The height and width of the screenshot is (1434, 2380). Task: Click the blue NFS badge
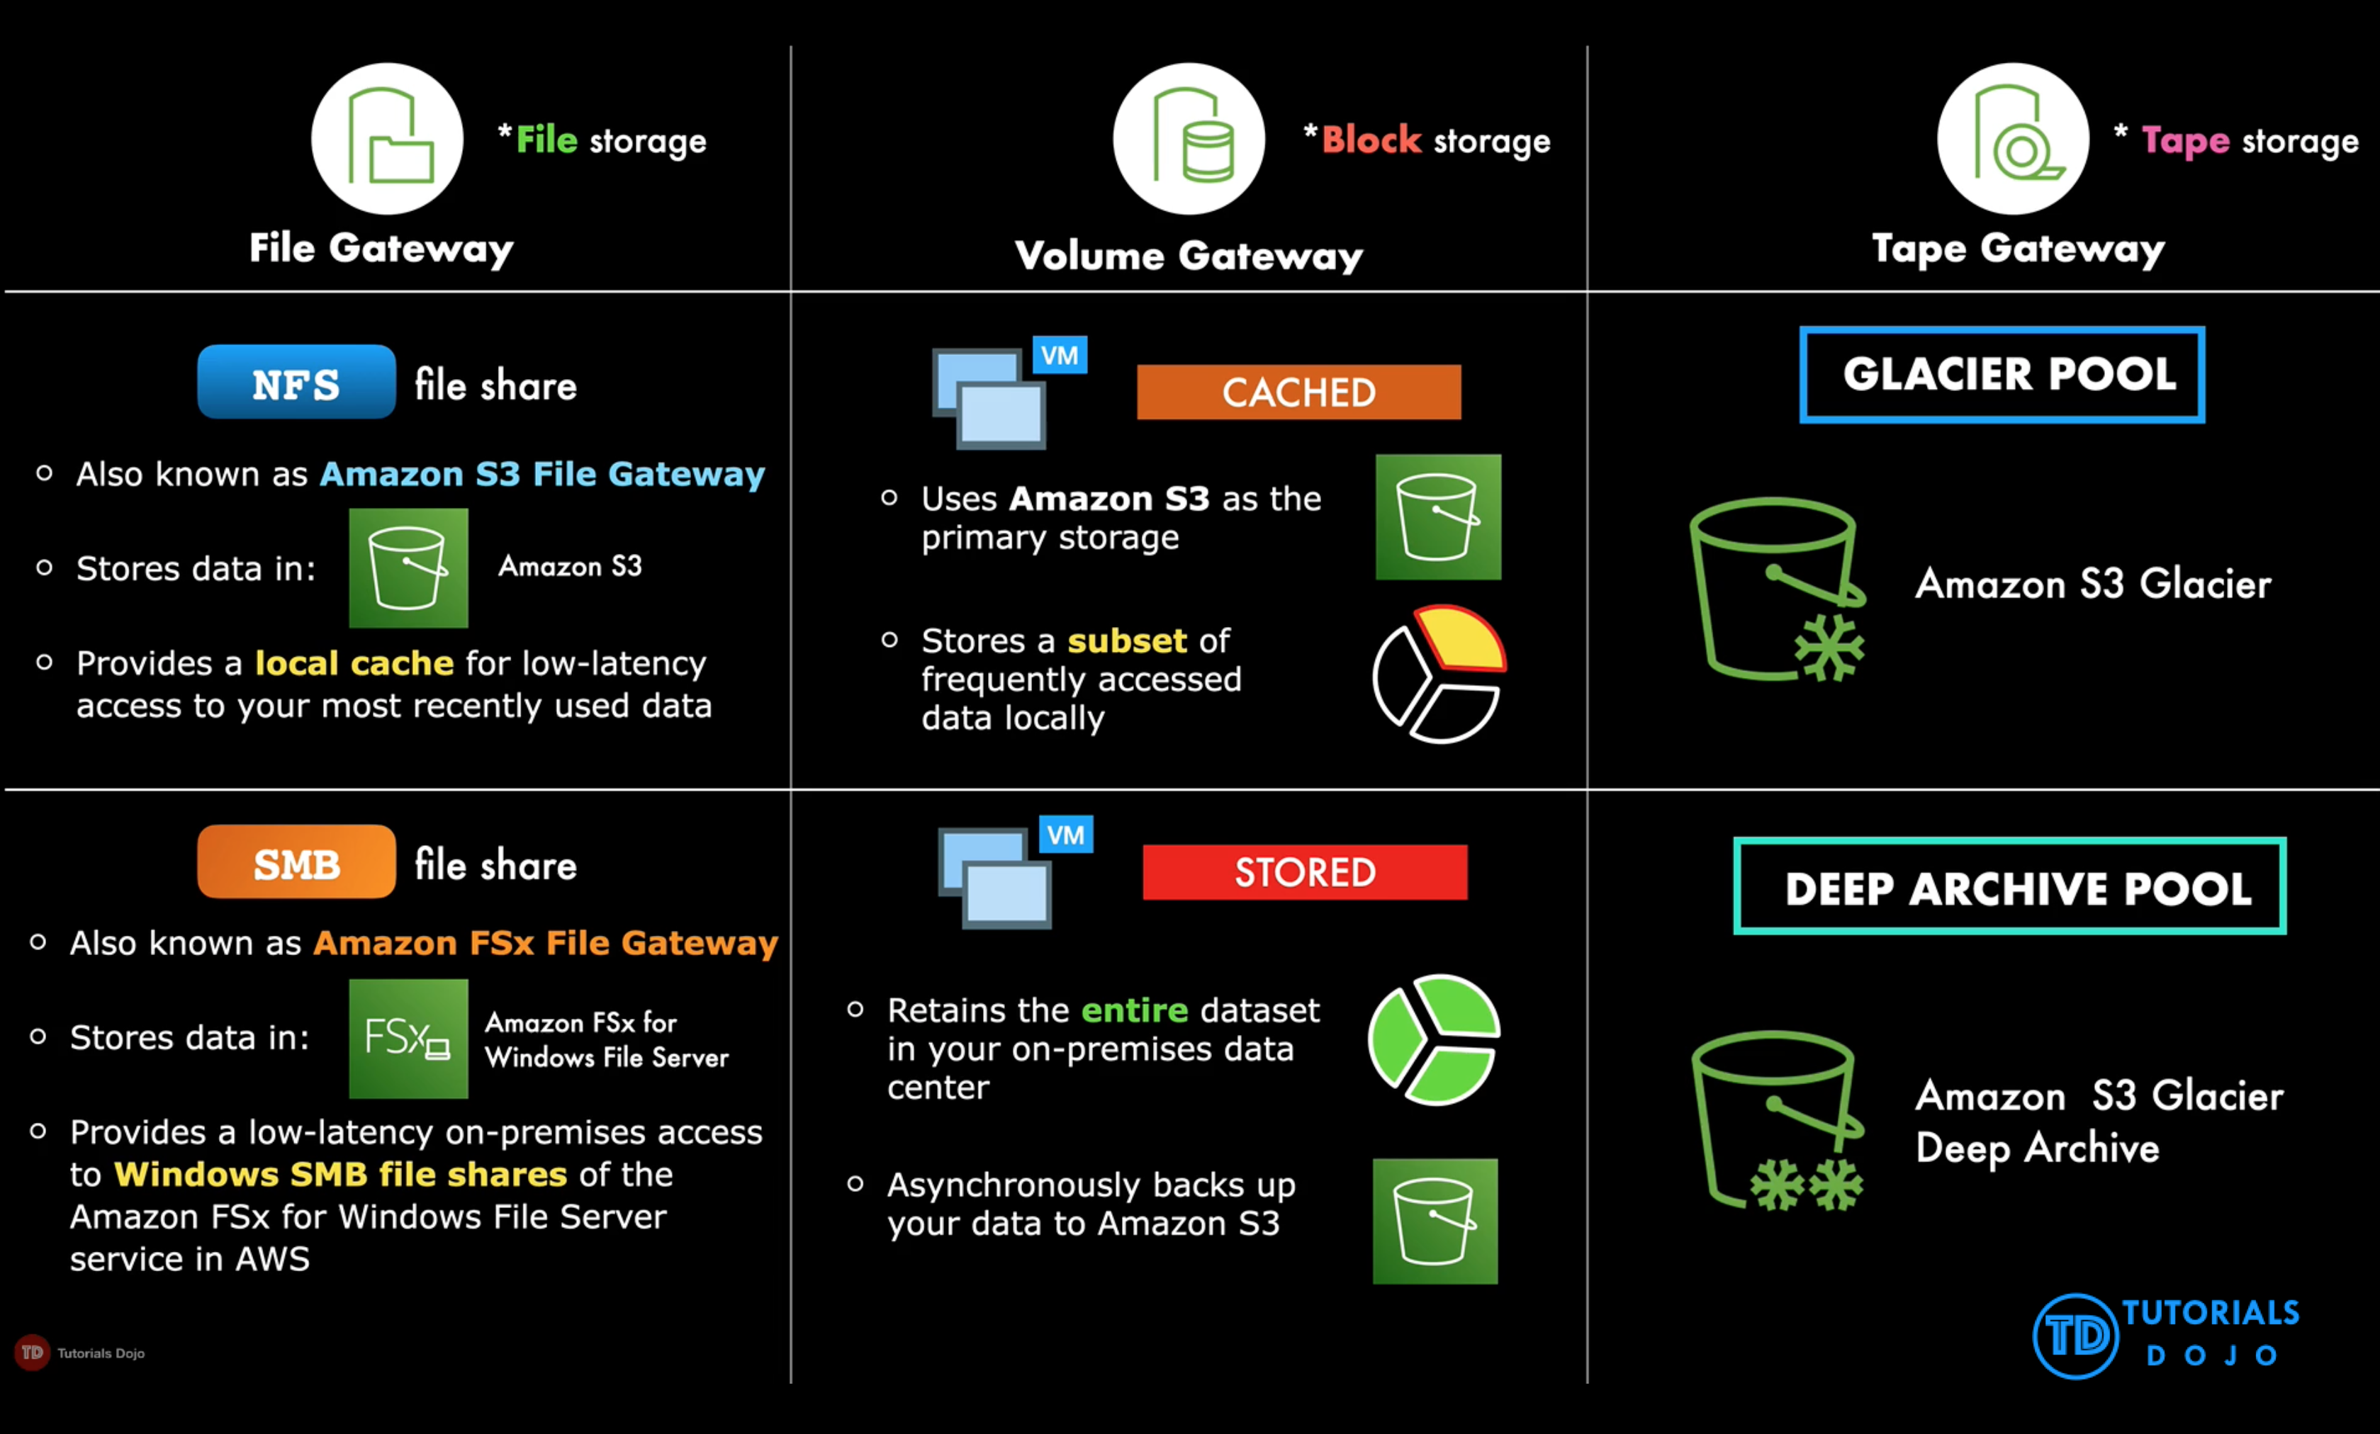point(296,383)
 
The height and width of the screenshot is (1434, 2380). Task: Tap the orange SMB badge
point(296,862)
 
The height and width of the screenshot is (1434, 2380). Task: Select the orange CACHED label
point(1298,392)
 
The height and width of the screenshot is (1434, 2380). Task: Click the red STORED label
point(1304,872)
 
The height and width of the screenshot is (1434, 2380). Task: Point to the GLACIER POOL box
point(2002,375)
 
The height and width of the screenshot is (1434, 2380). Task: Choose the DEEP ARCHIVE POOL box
point(2009,886)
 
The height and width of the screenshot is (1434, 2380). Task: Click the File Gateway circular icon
point(387,139)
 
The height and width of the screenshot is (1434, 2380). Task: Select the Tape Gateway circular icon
point(2012,139)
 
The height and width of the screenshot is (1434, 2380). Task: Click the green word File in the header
point(546,141)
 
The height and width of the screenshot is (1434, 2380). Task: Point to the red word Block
point(1371,141)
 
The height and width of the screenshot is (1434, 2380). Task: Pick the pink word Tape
point(2185,141)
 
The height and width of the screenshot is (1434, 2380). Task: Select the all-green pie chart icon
point(1435,1040)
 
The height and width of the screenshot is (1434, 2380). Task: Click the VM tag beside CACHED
point(1060,356)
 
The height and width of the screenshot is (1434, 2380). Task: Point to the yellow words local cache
point(354,663)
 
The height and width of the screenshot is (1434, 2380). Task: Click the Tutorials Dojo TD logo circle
point(2075,1336)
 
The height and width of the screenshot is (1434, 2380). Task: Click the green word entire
point(1134,1010)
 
